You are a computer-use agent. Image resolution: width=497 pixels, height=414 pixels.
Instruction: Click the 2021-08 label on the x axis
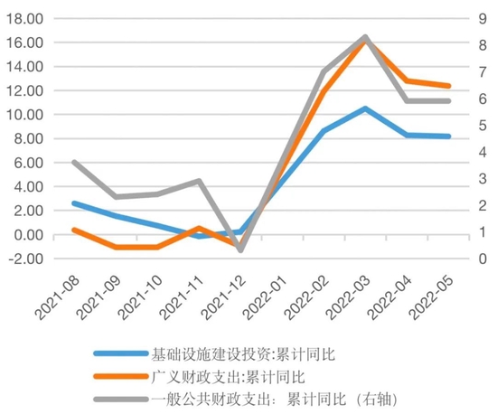click(x=56, y=292)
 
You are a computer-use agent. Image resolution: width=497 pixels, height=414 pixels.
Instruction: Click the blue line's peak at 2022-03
click(x=364, y=108)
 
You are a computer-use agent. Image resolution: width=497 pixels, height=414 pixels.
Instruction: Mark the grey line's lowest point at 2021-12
click(x=240, y=249)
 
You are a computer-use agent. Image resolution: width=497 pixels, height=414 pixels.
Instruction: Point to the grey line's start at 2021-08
click(x=73, y=163)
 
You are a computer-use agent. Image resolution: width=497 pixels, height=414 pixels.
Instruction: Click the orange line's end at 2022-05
click(x=449, y=86)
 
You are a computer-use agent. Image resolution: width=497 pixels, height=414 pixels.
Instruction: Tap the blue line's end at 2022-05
click(x=449, y=136)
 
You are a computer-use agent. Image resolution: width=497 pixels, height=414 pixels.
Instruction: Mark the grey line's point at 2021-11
click(x=199, y=181)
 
